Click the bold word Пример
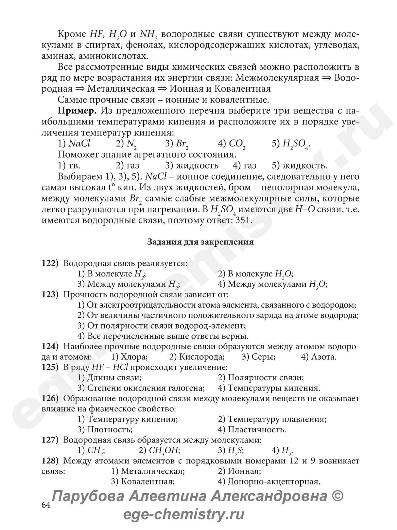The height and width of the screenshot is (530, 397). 77,111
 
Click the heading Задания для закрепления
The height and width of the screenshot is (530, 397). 200,242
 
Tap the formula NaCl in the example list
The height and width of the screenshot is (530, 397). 79,143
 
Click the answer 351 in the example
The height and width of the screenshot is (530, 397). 243,220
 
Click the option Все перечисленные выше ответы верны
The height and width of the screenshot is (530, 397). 164,336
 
